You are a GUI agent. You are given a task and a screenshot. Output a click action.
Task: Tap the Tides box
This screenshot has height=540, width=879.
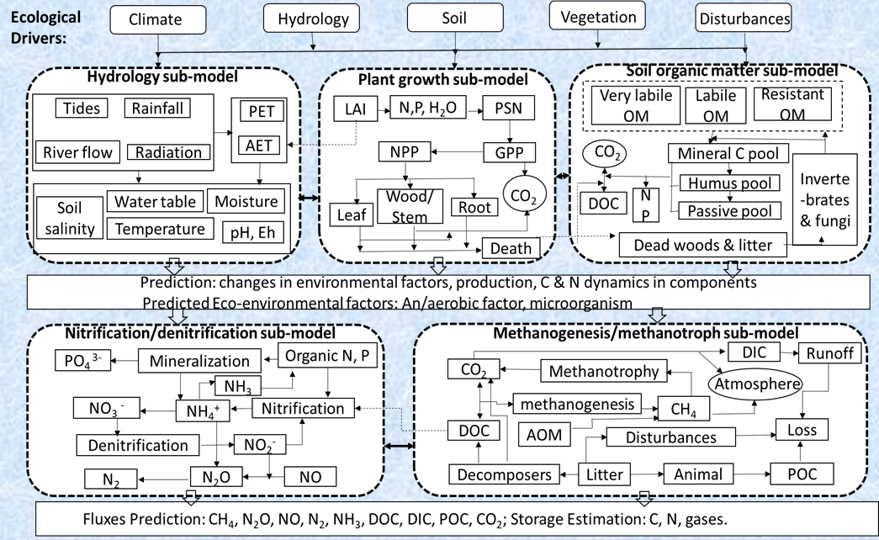[82, 109]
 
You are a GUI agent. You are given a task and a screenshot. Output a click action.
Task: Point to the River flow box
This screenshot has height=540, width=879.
[74, 152]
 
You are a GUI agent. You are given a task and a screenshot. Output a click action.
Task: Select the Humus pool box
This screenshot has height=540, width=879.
[725, 183]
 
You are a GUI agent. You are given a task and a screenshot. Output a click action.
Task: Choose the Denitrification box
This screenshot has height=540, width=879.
[137, 443]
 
